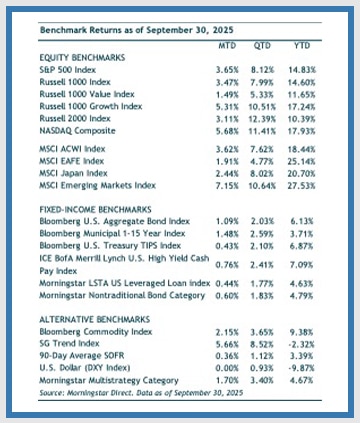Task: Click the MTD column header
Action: coord(226,46)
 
